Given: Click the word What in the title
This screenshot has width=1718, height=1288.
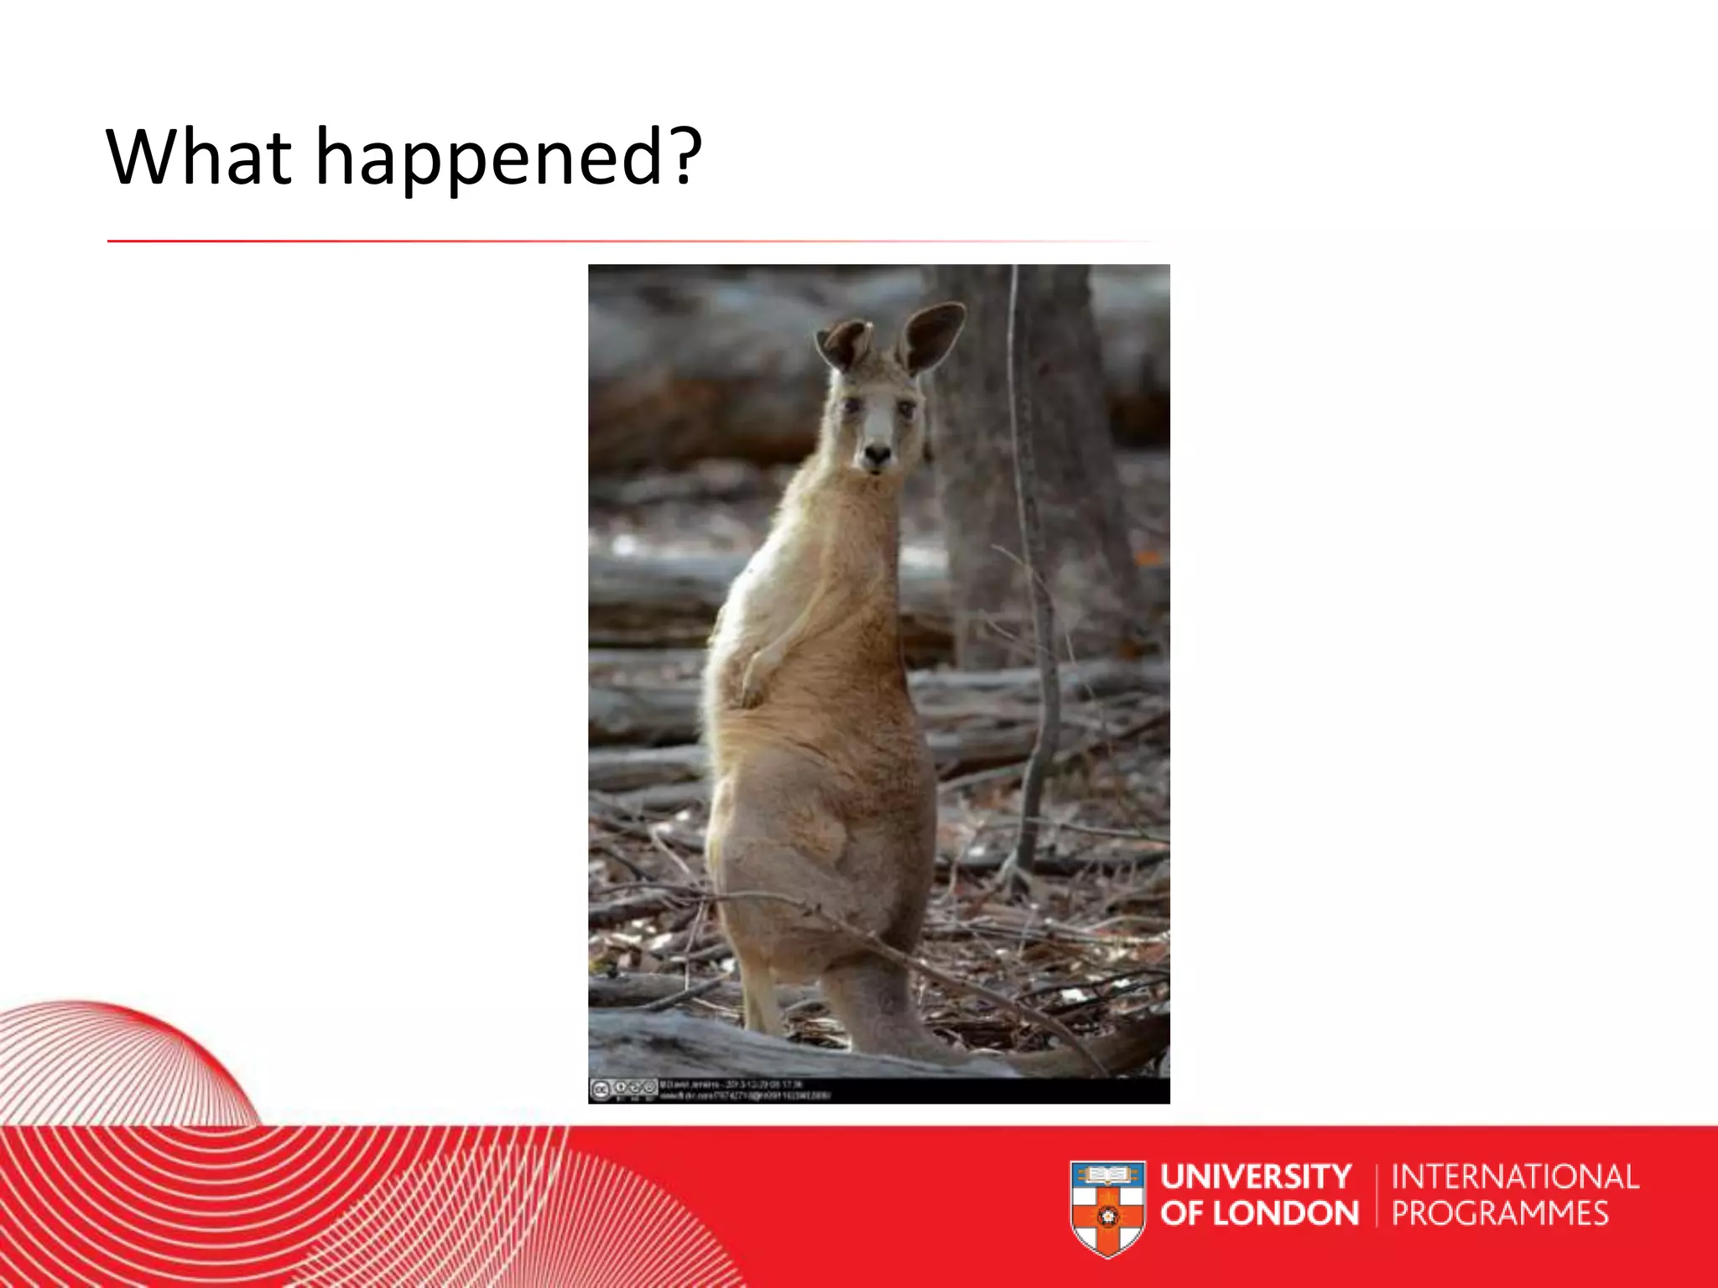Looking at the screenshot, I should coord(199,157).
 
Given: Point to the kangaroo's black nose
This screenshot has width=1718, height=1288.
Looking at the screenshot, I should coord(877,455).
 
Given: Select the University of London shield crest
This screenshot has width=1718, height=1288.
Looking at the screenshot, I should coord(1107,1207).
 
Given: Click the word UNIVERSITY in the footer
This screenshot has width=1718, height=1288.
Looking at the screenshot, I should coord(1256,1176).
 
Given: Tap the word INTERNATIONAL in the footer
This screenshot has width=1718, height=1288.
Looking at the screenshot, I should coord(1515,1176).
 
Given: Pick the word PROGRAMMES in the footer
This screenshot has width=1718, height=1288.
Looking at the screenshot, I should coord(1500,1213).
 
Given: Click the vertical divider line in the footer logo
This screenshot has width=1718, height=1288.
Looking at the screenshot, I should coord(1376,1196).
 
